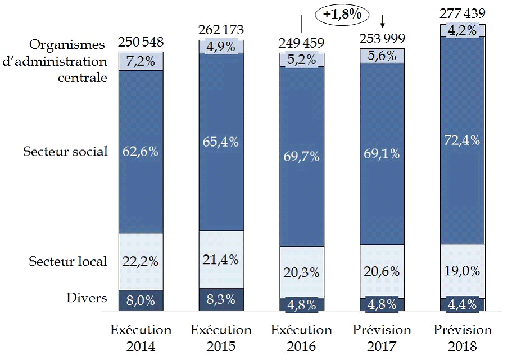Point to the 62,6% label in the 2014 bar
pos(141,152)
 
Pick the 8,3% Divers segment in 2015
pos(221,300)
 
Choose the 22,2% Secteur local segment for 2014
pos(141,261)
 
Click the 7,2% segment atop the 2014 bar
pos(141,61)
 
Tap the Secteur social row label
pos(65,152)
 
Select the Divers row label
pos(87,298)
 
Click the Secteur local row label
pos(68,261)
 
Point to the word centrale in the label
pos(83,78)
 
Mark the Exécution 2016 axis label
pos(301,338)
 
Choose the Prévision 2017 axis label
pos(382,338)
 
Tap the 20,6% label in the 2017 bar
pos(382,272)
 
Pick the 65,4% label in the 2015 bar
pos(221,142)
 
